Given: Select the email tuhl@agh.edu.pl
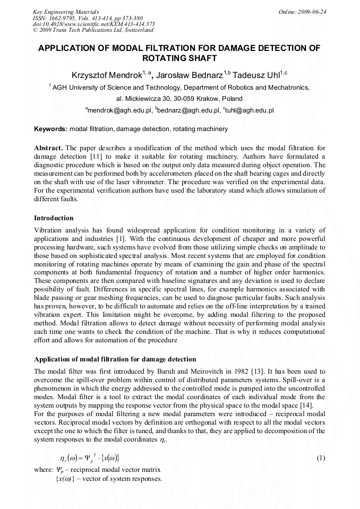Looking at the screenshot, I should coord(250,110).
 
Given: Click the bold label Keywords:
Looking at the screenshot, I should coord(50,129).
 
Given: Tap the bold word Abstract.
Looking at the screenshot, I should coord(49,147).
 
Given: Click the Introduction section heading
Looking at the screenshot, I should coord(54,218).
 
